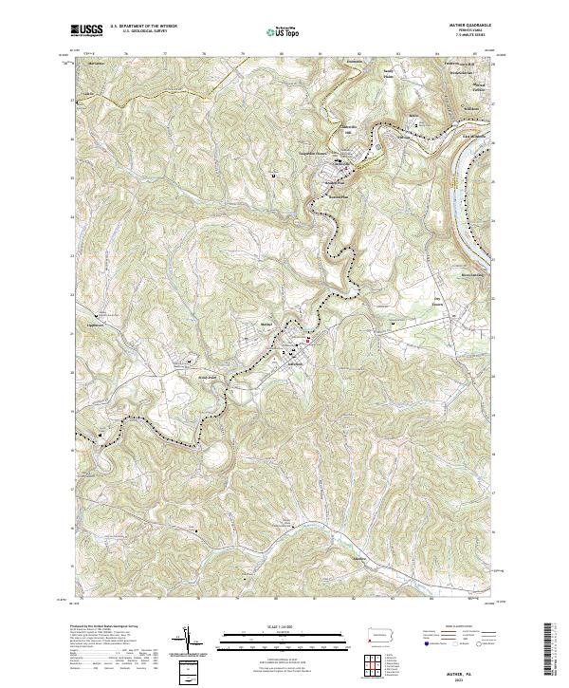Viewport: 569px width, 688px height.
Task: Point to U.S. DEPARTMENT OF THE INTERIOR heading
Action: (x=142, y=27)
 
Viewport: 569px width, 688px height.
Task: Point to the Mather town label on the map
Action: (x=266, y=324)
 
